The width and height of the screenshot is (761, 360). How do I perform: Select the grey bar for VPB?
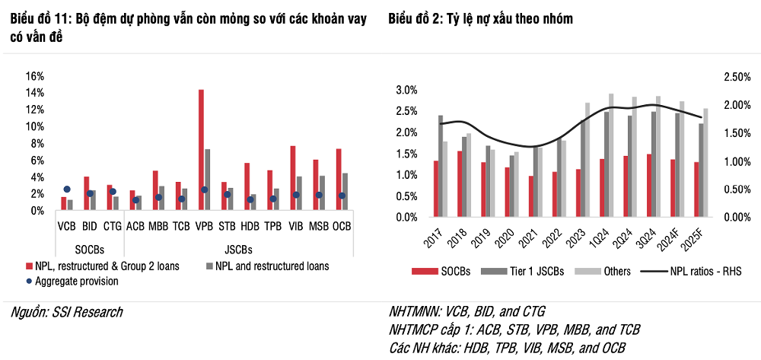tap(208, 180)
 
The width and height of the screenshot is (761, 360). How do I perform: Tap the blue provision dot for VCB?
tap(66, 190)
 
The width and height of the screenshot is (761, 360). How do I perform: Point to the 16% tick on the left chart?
tap(35, 76)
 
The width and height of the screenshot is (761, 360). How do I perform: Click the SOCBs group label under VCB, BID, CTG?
tap(89, 250)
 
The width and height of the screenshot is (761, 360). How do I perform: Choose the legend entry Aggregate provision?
tap(77, 281)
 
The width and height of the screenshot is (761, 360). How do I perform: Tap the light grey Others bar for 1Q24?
tap(611, 155)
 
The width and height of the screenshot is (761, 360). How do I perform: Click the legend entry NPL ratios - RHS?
tap(692, 270)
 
